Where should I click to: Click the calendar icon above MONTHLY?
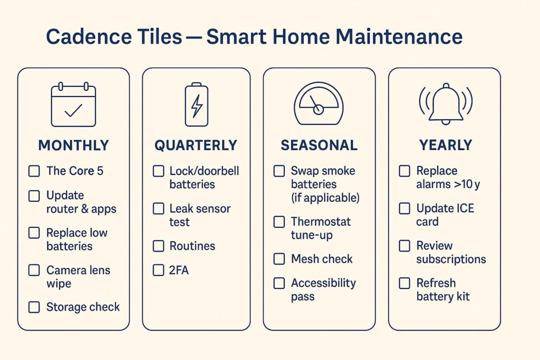pyautogui.click(x=73, y=105)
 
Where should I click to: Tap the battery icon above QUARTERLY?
pyautogui.click(x=197, y=105)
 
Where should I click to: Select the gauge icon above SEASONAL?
pyautogui.click(x=319, y=104)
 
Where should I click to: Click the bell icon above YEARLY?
pyautogui.click(x=446, y=104)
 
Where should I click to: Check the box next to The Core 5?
pyautogui.click(x=34, y=171)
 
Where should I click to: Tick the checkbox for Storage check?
pyautogui.click(x=34, y=307)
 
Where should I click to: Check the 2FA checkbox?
pyautogui.click(x=158, y=270)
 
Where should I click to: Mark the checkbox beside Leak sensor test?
pyautogui.click(x=158, y=209)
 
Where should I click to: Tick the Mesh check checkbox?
pyautogui.click(x=279, y=259)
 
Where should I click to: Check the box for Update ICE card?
pyautogui.click(x=404, y=208)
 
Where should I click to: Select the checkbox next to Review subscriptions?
pyautogui.click(x=404, y=246)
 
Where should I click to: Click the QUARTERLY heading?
pyautogui.click(x=196, y=145)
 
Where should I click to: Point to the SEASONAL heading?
pyautogui.click(x=319, y=145)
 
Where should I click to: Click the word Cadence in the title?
pyautogui.click(x=89, y=36)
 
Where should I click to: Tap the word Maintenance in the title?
pyautogui.click(x=399, y=36)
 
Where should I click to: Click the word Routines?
pyautogui.click(x=192, y=246)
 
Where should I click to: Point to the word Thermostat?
pyautogui.click(x=321, y=222)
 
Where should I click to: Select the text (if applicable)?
pyautogui.click(x=325, y=198)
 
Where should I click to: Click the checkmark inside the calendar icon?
pyautogui.click(x=73, y=111)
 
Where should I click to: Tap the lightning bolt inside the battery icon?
pyautogui.click(x=197, y=106)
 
